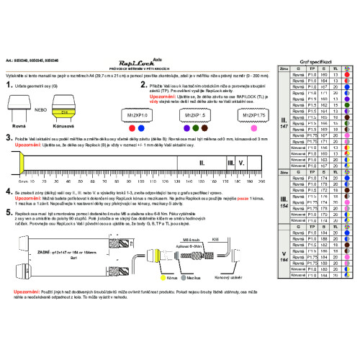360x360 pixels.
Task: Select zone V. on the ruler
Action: point(242,163)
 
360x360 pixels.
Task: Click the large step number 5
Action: point(9,215)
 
